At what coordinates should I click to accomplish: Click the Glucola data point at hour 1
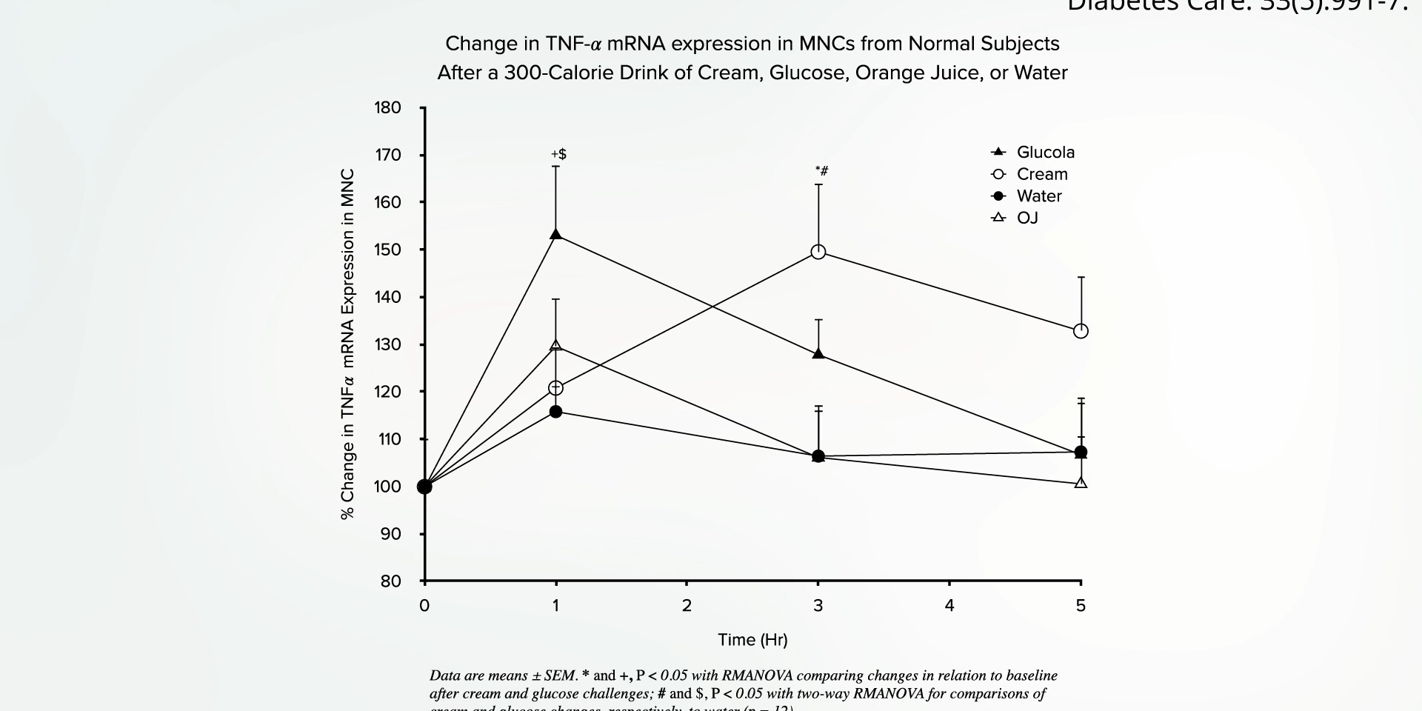(556, 235)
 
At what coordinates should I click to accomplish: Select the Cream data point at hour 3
(818, 252)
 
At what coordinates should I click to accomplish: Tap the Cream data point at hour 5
(1081, 331)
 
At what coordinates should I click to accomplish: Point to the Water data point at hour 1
(556, 411)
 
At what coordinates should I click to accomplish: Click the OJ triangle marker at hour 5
(1081, 483)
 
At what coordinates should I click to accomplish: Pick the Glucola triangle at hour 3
(818, 354)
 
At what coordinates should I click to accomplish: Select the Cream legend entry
(1041, 174)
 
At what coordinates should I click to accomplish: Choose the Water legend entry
(1038, 196)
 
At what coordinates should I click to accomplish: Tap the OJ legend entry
(1027, 218)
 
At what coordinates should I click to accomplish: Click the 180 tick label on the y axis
(388, 108)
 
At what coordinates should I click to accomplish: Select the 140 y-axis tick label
(388, 297)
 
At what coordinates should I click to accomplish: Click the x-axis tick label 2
(687, 606)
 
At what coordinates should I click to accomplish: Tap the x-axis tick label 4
(949, 606)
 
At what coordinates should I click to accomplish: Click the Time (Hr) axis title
(752, 640)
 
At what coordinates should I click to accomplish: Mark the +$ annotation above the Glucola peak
(558, 154)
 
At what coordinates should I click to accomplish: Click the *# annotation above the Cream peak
(821, 171)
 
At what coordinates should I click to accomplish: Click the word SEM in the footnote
(560, 675)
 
